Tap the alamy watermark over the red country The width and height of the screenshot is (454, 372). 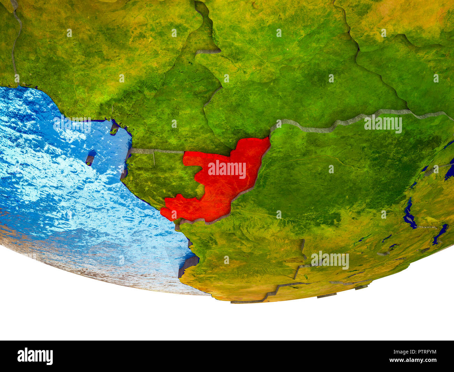point(227,169)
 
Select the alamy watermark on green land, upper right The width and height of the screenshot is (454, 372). point(383,124)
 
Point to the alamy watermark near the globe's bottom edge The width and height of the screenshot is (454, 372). point(330,260)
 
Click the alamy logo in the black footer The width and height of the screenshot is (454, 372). point(35,356)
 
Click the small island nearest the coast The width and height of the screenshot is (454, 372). point(114,129)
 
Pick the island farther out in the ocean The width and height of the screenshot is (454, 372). point(90,158)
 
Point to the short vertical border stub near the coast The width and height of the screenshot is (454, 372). point(154,158)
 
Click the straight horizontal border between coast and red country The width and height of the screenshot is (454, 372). point(157,151)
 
